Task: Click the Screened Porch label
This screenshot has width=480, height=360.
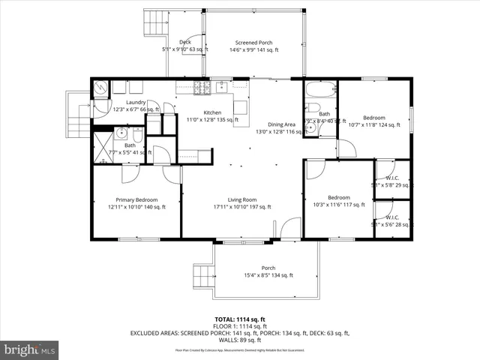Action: (x=253, y=43)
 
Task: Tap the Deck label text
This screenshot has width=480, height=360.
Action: (x=184, y=42)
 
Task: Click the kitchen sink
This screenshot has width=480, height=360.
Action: (x=222, y=88)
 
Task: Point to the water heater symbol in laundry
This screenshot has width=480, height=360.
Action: (x=100, y=88)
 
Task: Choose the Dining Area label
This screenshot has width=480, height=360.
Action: (x=281, y=124)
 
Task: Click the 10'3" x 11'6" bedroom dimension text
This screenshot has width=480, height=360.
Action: (x=337, y=204)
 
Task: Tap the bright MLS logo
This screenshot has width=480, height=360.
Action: (x=30, y=349)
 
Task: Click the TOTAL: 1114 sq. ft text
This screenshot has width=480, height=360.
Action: (x=239, y=319)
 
